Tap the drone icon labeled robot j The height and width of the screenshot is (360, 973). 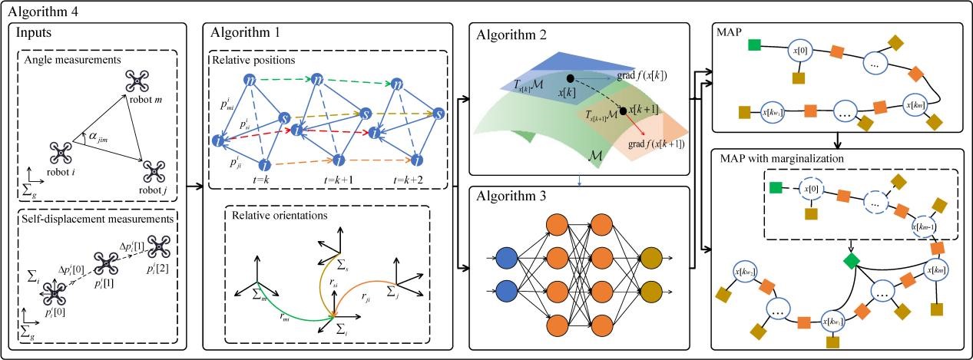point(153,168)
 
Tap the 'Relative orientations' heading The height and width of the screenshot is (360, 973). point(274,215)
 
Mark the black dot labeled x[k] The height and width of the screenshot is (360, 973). point(569,78)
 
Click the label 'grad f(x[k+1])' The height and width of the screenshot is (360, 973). point(656,144)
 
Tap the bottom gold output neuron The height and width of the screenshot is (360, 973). point(654,291)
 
